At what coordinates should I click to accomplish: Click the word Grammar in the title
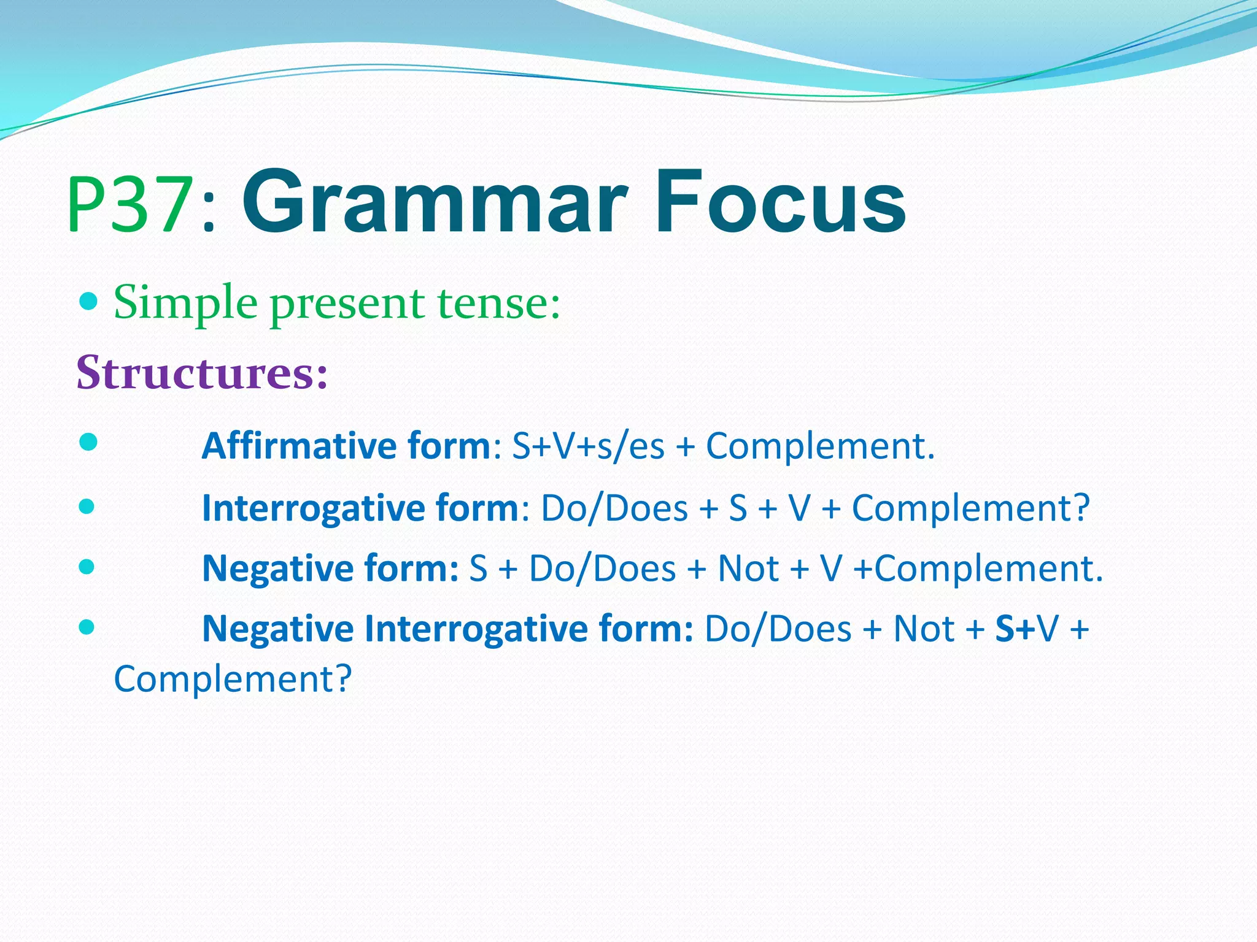coord(435,202)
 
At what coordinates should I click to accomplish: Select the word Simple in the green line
coord(185,303)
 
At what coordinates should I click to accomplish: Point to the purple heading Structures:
coord(202,372)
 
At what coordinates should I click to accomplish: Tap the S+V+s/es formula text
coord(588,446)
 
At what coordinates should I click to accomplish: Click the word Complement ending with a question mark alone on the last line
coord(233,679)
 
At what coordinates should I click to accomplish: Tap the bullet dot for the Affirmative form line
coord(88,442)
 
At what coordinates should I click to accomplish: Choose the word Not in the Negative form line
coord(748,569)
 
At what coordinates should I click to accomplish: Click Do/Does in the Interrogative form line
coord(614,508)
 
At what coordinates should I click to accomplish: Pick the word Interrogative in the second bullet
coord(313,508)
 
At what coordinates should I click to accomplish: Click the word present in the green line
coord(347,304)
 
